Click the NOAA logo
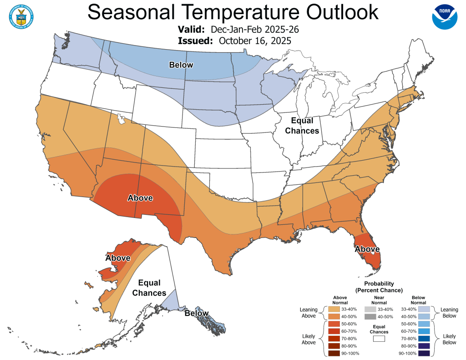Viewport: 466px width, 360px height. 444,17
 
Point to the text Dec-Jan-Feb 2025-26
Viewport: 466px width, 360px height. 255,30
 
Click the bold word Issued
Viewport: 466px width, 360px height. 195,41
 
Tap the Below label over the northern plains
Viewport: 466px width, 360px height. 181,65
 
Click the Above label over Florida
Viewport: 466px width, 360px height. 367,249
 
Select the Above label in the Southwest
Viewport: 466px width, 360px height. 140,198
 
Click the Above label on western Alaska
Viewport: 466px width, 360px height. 118,258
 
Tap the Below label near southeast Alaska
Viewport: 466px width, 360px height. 197,313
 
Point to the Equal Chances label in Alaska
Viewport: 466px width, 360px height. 149,288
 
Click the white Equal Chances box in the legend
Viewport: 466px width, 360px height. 379,339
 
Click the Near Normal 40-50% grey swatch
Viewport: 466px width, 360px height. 379,316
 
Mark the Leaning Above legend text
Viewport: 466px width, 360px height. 309,313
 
